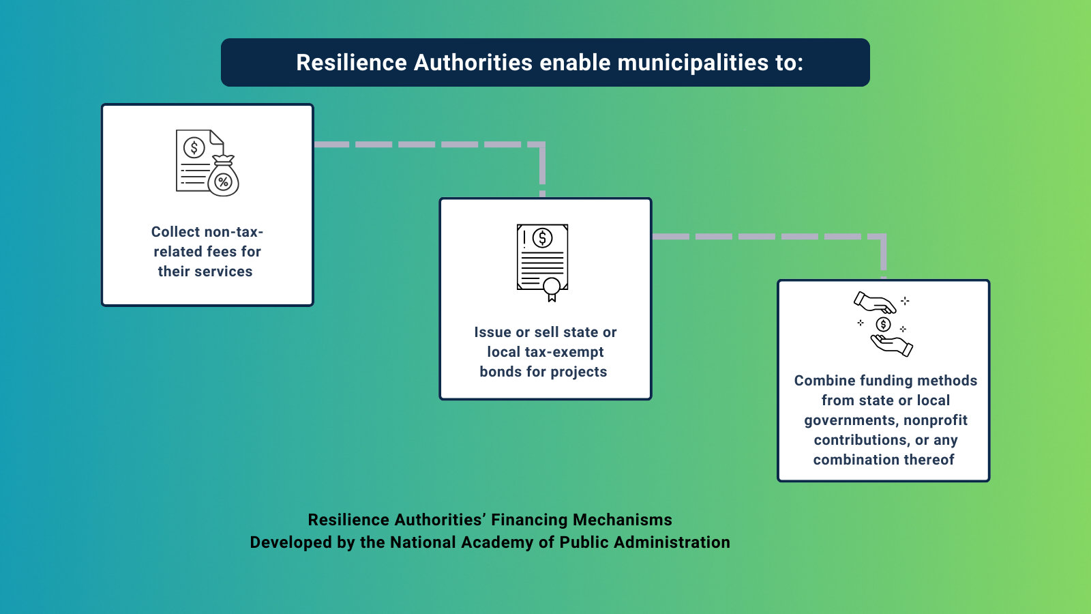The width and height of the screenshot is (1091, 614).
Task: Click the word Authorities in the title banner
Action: click(473, 63)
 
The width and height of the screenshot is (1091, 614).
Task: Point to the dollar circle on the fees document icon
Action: click(194, 147)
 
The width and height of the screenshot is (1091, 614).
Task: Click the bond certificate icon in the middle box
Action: click(542, 259)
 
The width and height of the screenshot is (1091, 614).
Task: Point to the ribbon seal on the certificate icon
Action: click(552, 289)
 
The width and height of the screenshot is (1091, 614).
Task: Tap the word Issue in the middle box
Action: click(492, 332)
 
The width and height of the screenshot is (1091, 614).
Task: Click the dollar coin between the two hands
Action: click(884, 324)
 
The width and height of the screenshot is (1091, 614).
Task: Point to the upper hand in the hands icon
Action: click(874, 302)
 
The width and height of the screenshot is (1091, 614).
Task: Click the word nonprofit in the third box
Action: click(936, 420)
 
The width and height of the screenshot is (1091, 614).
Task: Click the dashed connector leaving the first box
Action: click(423, 145)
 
